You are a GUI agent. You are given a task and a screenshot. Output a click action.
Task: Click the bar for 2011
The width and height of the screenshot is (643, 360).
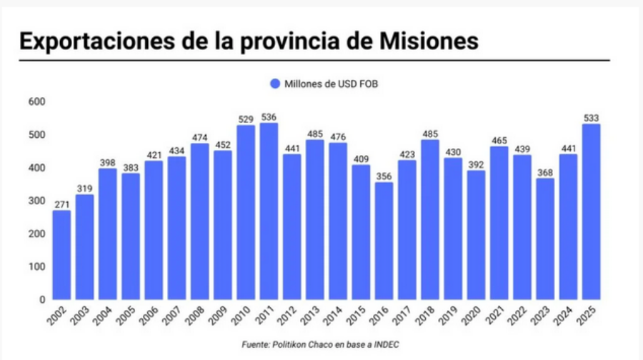click(269, 211)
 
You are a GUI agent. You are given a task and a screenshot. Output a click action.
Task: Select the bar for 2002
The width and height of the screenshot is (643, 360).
click(61, 254)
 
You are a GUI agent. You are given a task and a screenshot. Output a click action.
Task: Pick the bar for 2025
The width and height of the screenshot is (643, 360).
click(591, 211)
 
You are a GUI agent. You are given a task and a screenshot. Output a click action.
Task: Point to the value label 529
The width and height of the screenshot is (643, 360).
click(246, 118)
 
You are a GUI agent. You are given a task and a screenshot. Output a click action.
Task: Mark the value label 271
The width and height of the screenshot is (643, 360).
click(61, 203)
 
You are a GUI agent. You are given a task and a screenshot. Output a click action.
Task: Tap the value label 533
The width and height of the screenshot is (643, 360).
click(591, 116)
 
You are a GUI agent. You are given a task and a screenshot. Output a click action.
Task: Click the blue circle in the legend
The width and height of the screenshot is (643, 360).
click(275, 84)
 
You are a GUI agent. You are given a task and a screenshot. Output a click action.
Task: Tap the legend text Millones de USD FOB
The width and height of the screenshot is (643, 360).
click(331, 84)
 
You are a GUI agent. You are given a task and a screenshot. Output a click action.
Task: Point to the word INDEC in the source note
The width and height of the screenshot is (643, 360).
click(386, 344)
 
